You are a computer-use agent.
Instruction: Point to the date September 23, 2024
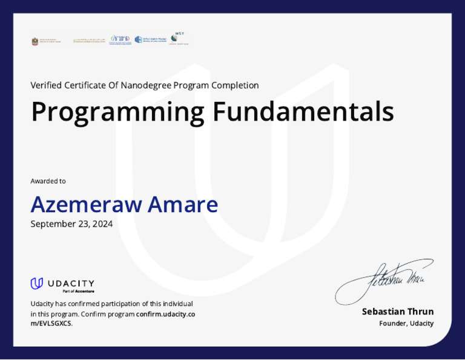[71, 224]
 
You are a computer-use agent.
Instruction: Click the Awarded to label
[48, 181]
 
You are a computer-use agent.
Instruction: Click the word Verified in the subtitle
[46, 85]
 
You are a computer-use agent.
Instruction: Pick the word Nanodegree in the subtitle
[145, 85]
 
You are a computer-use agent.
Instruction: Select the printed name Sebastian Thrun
[398, 312]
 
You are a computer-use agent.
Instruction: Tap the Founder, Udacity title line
[406, 324]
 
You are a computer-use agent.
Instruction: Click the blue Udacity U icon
[37, 283]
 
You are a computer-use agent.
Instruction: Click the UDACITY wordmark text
[71, 283]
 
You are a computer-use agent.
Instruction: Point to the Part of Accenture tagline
[78, 292]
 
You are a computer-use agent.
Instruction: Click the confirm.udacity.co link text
[165, 314]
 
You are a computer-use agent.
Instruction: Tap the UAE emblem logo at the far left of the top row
[35, 41]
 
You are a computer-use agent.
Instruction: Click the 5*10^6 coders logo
[120, 40]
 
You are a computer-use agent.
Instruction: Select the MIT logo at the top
[178, 39]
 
